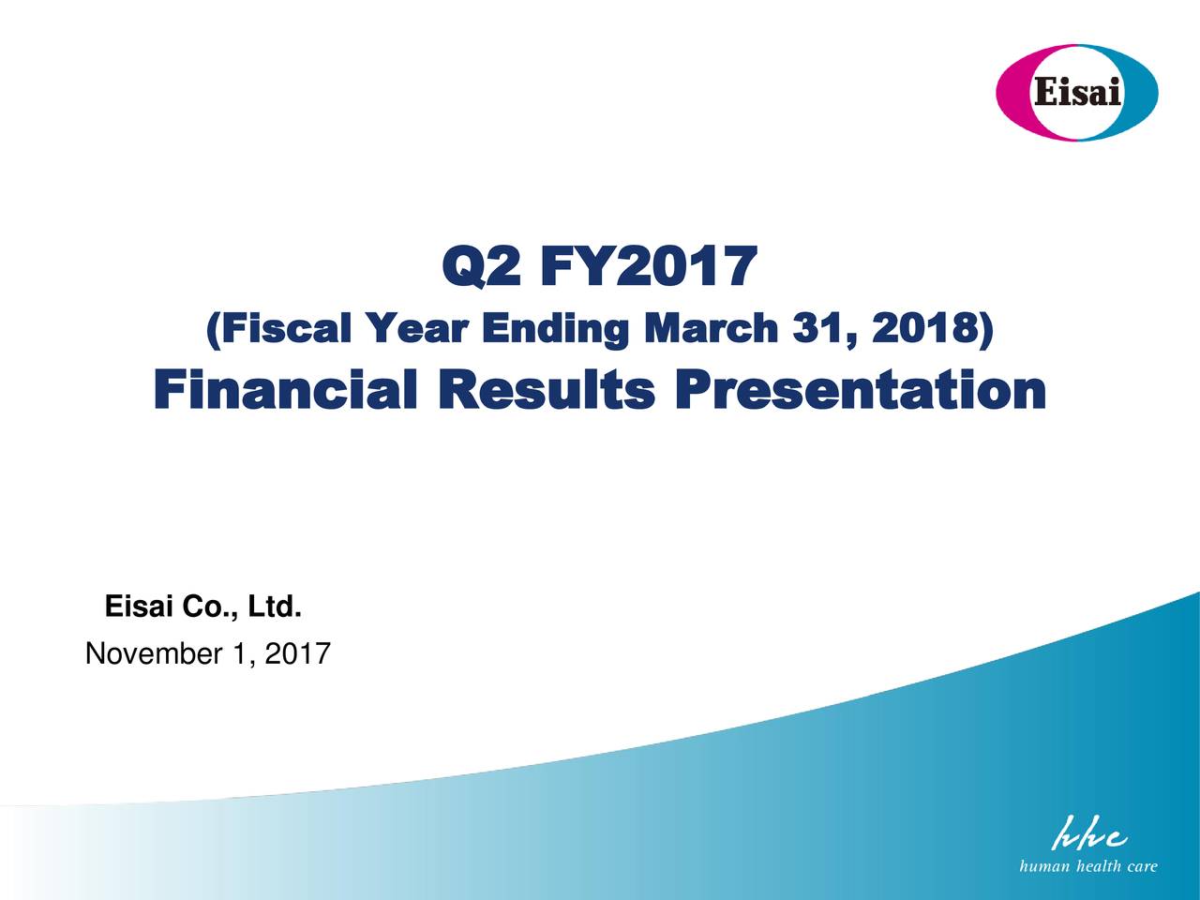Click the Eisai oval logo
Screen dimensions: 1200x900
pyautogui.click(x=1076, y=93)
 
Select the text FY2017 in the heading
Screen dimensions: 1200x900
pyautogui.click(x=650, y=266)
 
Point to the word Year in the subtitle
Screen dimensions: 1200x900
pyautogui.click(x=418, y=329)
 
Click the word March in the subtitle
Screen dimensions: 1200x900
pyautogui.click(x=711, y=328)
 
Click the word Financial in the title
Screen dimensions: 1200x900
pyautogui.click(x=286, y=388)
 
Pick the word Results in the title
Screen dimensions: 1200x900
pyautogui.click(x=547, y=388)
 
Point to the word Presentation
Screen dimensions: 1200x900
pyautogui.click(x=861, y=388)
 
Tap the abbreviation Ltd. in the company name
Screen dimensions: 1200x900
pyautogui.click(x=275, y=607)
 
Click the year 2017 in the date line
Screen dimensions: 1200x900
pyautogui.click(x=298, y=653)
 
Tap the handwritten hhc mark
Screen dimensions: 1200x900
pyautogui.click(x=1088, y=833)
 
